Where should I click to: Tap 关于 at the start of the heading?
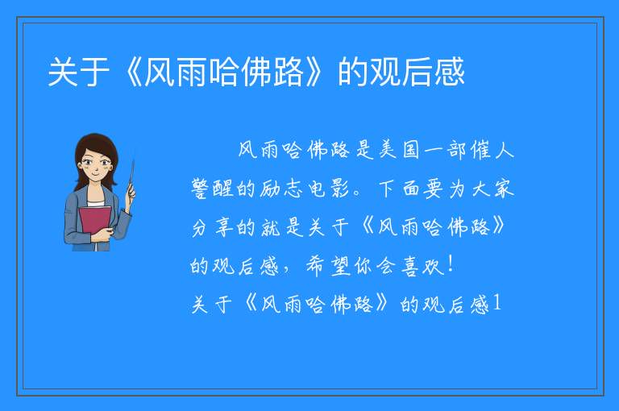click(x=78, y=72)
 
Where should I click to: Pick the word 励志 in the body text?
click(x=281, y=189)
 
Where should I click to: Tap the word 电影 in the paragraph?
click(x=329, y=189)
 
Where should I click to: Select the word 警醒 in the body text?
click(x=212, y=189)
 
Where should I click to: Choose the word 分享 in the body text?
click(x=212, y=227)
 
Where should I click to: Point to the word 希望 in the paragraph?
click(x=328, y=266)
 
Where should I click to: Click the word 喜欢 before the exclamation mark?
click(x=423, y=266)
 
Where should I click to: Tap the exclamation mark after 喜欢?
click(x=451, y=265)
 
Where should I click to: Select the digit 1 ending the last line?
click(x=497, y=304)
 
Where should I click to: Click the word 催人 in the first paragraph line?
click(x=492, y=150)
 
